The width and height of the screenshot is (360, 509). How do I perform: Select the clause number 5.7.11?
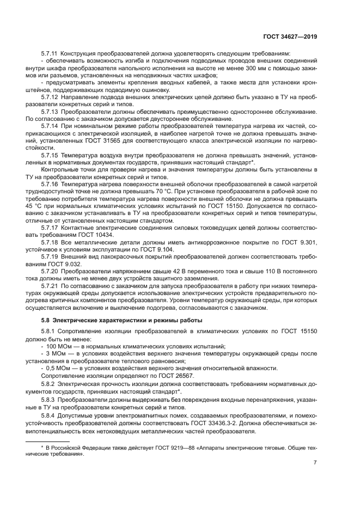[x=50, y=53]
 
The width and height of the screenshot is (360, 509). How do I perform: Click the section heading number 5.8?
[x=45, y=320]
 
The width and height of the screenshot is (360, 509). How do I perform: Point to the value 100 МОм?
[x=58, y=346]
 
